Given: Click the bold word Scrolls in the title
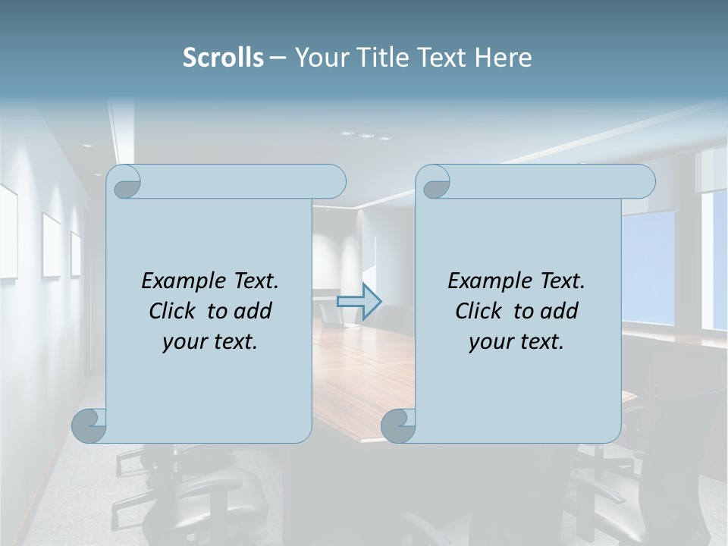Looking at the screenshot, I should coord(224,58).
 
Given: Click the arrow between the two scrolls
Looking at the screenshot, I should coord(359,302).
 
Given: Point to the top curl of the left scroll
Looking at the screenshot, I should coord(124,182).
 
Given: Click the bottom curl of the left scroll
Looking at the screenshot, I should coord(89,425).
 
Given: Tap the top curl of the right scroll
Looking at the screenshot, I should coord(433,182).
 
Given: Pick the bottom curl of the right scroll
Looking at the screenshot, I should coord(398,425).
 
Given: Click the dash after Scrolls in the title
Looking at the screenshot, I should coord(278,58).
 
